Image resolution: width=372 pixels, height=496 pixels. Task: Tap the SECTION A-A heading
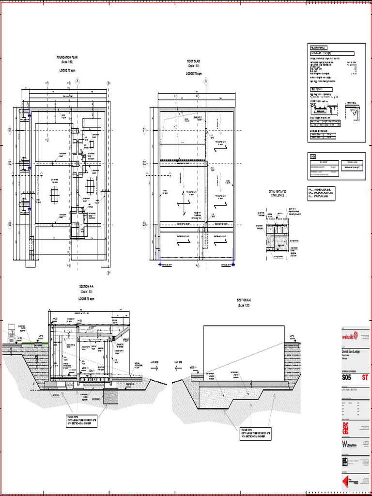click(x=87, y=287)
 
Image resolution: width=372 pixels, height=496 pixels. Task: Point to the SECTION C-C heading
click(x=244, y=301)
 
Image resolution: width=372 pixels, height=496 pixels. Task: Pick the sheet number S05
click(x=347, y=377)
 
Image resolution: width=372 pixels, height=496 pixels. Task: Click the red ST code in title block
click(x=365, y=377)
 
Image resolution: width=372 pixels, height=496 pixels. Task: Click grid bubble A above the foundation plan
click(x=77, y=81)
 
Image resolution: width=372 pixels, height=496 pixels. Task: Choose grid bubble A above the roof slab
click(x=205, y=81)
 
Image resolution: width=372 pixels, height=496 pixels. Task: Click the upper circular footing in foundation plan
click(x=90, y=186)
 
